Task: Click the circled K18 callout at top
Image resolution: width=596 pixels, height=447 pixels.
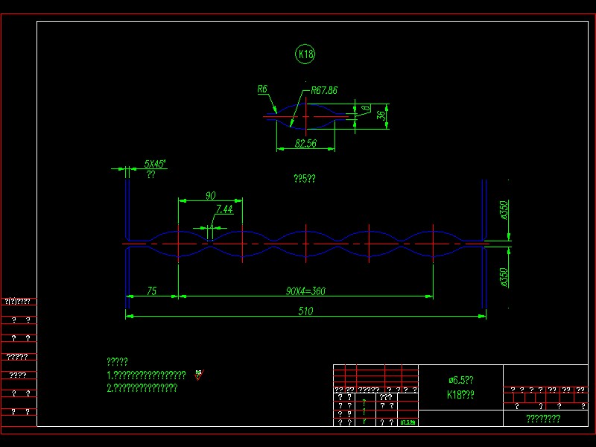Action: coord(305,54)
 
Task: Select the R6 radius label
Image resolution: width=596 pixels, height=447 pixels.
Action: coord(262,89)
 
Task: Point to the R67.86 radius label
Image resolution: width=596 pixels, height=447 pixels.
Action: coord(324,90)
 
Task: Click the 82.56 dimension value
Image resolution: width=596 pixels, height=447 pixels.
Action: coord(305,143)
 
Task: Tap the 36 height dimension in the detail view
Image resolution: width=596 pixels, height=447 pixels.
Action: coord(381,116)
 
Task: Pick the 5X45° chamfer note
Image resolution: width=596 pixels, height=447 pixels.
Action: coord(155,163)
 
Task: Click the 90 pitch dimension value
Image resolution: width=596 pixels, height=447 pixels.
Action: coord(211,195)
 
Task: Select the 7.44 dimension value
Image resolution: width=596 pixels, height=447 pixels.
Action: coord(224,209)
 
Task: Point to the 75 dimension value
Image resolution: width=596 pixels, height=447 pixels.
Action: coord(151,291)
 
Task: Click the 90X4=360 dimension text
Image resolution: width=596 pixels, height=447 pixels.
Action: coord(305,291)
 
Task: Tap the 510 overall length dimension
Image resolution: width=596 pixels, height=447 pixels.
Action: coord(305,311)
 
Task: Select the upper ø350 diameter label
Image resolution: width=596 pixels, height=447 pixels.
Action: coord(504,211)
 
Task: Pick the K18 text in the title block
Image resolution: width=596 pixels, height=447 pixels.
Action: coord(460,395)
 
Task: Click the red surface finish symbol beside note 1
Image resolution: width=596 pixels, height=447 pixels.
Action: coord(198,375)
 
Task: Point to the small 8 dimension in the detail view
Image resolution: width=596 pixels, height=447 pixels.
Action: coord(365,110)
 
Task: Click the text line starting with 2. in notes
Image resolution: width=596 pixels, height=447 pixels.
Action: coord(142,387)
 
